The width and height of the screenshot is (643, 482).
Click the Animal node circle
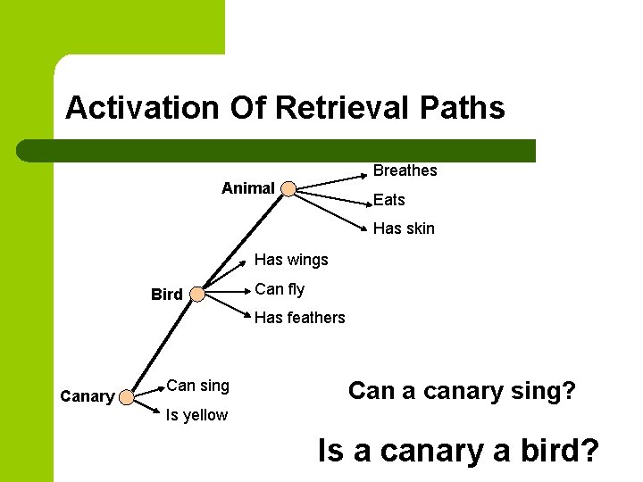pos(288,188)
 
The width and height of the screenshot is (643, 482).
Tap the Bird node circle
pos(197,294)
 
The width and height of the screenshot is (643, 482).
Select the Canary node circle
pos(128,396)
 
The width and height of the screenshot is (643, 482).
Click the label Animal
pos(247,188)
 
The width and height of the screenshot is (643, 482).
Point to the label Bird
pos(167,295)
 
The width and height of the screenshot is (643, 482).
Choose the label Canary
pos(87,396)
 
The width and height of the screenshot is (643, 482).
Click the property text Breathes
pos(405,170)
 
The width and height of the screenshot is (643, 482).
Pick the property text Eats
pos(388,200)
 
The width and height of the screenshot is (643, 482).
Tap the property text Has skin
pos(404,229)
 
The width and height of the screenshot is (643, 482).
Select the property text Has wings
pos(291,260)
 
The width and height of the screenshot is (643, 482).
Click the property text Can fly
pos(280,289)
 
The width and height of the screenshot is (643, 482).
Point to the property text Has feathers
pos(299,318)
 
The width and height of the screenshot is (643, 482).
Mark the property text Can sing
pos(197,386)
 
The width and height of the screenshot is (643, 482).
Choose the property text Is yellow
pos(196,415)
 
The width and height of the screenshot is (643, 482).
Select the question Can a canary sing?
pos(462,391)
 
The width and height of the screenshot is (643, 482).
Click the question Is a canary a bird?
pos(457,451)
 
